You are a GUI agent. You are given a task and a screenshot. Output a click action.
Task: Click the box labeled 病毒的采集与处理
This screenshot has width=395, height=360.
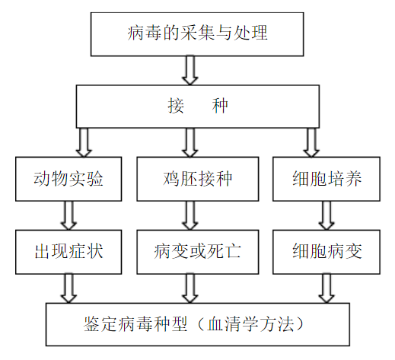point(197,33)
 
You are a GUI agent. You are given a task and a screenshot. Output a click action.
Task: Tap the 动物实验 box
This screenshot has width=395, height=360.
point(68,180)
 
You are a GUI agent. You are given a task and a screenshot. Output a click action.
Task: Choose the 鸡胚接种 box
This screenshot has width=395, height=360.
point(198,180)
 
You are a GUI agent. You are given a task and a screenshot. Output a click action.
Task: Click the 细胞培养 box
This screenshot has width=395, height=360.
point(327,180)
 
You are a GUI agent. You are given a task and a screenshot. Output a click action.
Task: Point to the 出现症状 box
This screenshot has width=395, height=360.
point(68,250)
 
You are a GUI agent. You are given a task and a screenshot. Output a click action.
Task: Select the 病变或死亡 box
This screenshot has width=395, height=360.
point(198,250)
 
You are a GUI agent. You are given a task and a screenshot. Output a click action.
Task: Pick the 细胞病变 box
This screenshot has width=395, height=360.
point(327,250)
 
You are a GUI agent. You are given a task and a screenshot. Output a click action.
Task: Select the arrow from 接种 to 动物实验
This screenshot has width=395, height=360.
point(84,142)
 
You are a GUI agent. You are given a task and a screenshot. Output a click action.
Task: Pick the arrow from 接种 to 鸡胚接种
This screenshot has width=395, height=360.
point(190,142)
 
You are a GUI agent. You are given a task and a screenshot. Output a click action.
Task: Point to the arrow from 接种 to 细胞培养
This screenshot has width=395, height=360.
point(311,142)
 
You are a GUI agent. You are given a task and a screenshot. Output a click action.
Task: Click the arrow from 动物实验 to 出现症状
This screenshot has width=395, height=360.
point(68,215)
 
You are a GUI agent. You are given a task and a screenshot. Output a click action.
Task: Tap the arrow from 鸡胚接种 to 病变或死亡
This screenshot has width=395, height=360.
point(190,215)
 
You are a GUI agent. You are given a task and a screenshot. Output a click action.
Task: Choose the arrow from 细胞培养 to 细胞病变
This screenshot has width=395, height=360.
point(327,215)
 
